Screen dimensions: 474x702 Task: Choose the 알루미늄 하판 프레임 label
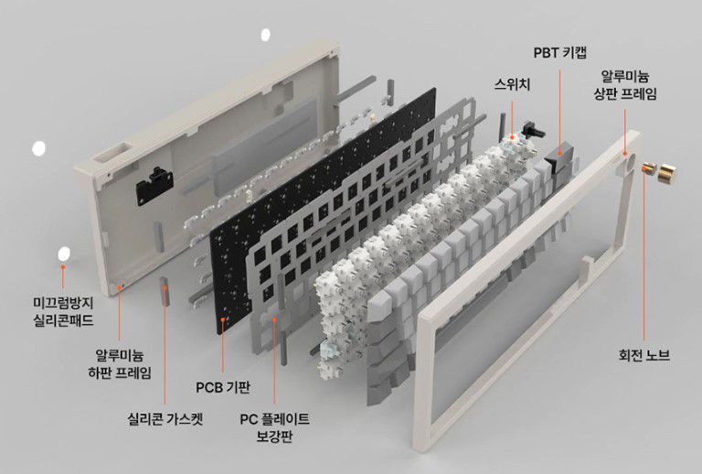point(123,362)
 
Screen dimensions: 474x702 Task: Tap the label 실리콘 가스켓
point(165,422)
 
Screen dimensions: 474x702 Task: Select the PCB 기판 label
point(223,385)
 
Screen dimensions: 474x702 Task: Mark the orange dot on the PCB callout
point(224,322)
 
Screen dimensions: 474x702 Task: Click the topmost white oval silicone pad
point(266,35)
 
